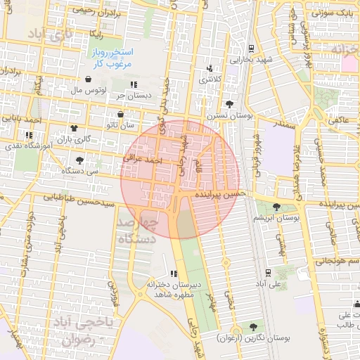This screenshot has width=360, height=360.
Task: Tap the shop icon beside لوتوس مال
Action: [x=87, y=79]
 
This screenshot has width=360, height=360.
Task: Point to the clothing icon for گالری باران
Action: [x=75, y=128]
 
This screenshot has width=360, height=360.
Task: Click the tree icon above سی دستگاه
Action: [x=79, y=160]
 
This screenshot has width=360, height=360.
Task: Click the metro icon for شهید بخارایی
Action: [x=251, y=49]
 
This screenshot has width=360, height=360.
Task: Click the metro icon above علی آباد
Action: [x=268, y=273]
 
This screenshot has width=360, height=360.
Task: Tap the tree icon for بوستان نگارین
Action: [x=252, y=326]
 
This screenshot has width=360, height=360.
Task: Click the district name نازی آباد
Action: [x=51, y=34]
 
